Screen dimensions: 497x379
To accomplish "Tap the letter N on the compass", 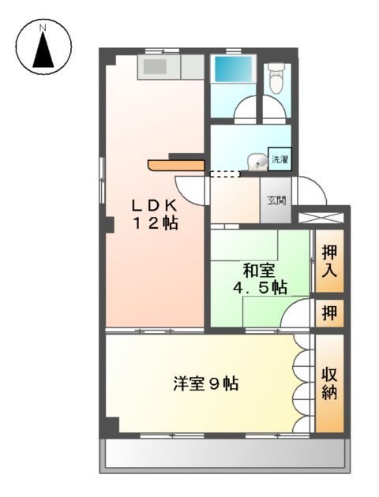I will point(44,29).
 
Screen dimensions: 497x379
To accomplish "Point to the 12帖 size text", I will point(155,223).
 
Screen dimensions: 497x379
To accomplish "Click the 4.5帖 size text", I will point(260,288).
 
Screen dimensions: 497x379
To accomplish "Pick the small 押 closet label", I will point(329,313).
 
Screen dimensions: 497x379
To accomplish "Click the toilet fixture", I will point(276,78).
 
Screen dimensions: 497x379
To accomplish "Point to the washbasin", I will point(254,162).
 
